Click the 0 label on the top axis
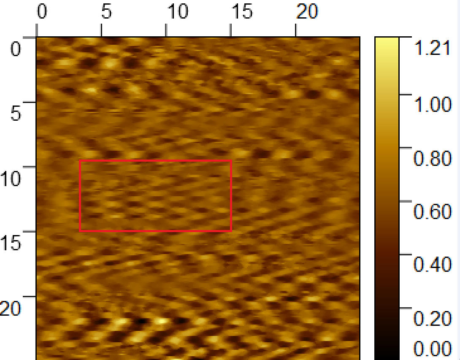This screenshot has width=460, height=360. click(x=41, y=12)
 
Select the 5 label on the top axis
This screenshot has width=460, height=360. click(x=106, y=12)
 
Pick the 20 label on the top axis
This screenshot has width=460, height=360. click(x=307, y=12)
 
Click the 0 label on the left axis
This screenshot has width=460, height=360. click(x=16, y=50)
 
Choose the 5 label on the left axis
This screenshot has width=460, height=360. click(x=16, y=114)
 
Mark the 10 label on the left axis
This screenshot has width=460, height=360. click(x=10, y=179)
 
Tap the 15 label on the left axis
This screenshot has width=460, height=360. click(x=10, y=244)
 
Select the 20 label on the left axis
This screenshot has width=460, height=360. click(x=10, y=309)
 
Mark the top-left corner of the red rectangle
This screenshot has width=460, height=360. click(x=80, y=161)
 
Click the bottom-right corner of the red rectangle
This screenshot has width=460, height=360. click(x=231, y=231)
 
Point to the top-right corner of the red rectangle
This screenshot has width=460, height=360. click(x=231, y=161)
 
